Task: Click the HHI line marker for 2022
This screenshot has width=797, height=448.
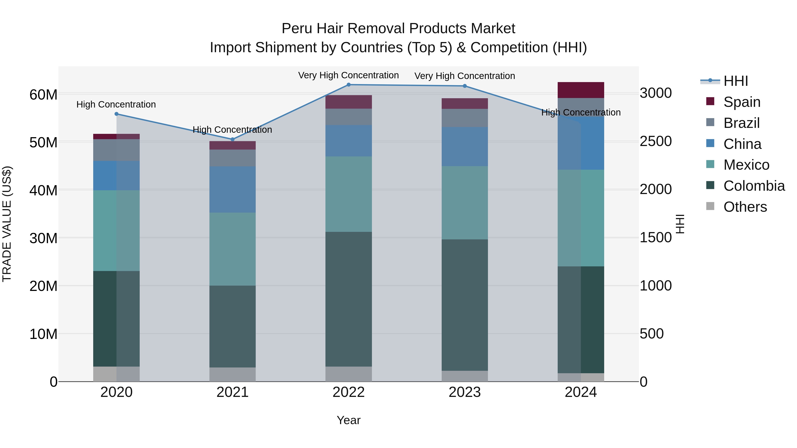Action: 349,85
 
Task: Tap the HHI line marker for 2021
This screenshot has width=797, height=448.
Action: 233,139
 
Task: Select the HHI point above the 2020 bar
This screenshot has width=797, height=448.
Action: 117,114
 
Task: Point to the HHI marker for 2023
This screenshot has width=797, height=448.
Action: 465,86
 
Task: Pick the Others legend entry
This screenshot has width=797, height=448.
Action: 745,207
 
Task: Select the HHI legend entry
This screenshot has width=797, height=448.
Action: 735,81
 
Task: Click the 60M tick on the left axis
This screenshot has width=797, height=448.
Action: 43,95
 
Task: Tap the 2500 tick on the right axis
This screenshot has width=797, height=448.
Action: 656,141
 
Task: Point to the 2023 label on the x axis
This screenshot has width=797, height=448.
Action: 465,392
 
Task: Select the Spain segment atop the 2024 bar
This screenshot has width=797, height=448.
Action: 581,90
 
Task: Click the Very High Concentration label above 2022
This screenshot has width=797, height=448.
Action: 348,75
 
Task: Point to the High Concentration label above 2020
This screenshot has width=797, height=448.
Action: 116,104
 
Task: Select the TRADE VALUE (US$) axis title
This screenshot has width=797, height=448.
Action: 7,224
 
